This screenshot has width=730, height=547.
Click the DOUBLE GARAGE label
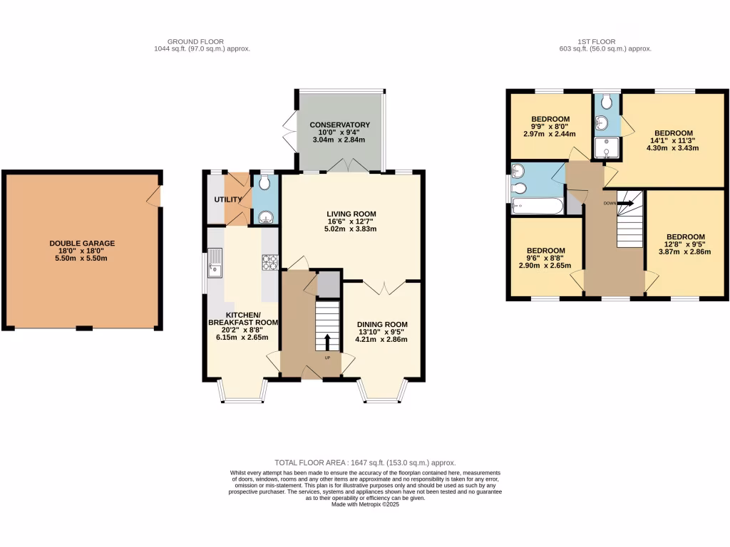[x=82, y=244]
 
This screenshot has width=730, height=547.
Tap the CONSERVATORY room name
[x=339, y=125]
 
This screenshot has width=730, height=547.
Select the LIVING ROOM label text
[x=351, y=214]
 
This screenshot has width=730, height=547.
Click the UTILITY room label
[x=228, y=199]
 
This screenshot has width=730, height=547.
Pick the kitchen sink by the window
[x=214, y=264]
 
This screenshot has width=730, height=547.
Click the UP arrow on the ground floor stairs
[x=328, y=341]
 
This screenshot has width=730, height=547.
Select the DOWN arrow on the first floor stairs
[x=625, y=203]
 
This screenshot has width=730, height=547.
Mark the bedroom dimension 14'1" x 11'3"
[x=674, y=141]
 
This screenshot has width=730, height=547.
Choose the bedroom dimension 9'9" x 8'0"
[x=550, y=126]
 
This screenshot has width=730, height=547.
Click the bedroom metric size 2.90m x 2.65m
[x=545, y=266]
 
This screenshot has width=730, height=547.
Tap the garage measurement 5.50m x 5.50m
[x=82, y=260]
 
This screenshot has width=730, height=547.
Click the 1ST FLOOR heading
[x=598, y=41]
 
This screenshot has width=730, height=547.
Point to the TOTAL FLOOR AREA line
[x=366, y=462]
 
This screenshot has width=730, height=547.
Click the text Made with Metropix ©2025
[x=365, y=504]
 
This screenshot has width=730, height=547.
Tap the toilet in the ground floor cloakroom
[x=264, y=184]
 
